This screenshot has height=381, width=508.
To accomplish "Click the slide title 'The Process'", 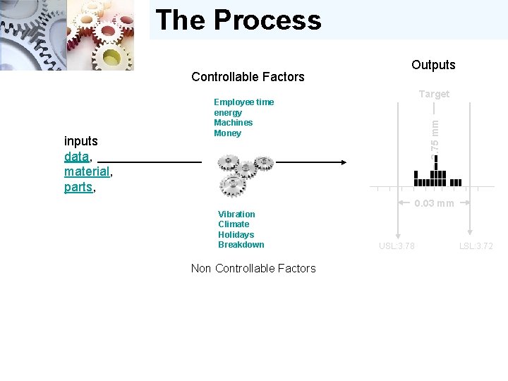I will coord(238,20).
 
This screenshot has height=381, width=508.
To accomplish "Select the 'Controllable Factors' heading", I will coord(248,77).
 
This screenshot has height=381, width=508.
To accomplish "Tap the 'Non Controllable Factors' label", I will coord(253,268).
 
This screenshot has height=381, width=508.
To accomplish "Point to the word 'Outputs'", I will coord(433,65).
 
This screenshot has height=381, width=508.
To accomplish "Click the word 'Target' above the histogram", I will coord(434,94).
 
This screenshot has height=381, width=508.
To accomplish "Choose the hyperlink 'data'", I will coord(76,156).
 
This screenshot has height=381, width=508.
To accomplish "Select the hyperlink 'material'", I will coord(87,171).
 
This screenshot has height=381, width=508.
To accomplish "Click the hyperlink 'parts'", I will coord(78,188).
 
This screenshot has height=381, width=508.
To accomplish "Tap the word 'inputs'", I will coord(81,141).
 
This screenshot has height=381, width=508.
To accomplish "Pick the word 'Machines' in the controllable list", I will coord(233,123).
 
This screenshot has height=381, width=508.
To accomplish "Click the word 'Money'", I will coord(227,133).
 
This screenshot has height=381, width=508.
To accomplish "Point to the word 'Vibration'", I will coord(236,214).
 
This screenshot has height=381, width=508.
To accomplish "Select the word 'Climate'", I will coord(234,224).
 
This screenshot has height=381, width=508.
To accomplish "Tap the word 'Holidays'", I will coord(236,235).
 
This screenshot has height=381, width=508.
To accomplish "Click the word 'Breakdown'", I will coord(241,245).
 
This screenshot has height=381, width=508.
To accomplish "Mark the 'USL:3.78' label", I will coord(397,246).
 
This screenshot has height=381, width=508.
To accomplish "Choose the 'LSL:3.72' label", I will coord(476,246).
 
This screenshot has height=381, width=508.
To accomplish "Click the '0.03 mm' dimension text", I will coord(434,204).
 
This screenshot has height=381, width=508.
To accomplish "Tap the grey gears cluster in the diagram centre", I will coord(243,174).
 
